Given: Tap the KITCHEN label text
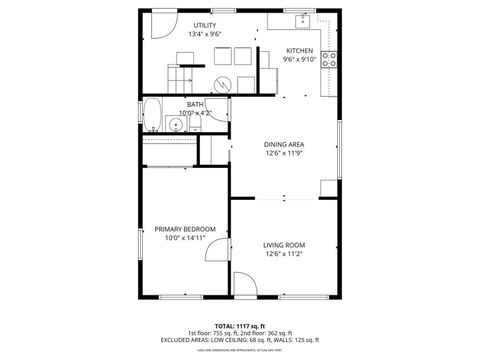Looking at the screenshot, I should (x=300, y=51).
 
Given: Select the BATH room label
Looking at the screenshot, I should (x=195, y=103).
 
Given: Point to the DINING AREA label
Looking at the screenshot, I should (x=284, y=144).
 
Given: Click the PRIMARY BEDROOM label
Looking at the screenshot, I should (x=185, y=229).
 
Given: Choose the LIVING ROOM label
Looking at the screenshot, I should (x=285, y=245).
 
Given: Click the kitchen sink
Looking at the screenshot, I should (x=301, y=20).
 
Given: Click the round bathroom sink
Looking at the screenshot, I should (x=174, y=126).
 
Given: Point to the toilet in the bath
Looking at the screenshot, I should (x=194, y=125).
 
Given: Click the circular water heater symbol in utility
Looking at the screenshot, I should (x=224, y=83).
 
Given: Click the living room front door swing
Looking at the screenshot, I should (x=244, y=284).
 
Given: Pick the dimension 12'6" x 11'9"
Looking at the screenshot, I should (x=284, y=154).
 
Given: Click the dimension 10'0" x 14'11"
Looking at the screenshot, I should (x=185, y=238).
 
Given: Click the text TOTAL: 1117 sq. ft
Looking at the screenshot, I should (x=240, y=325).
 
